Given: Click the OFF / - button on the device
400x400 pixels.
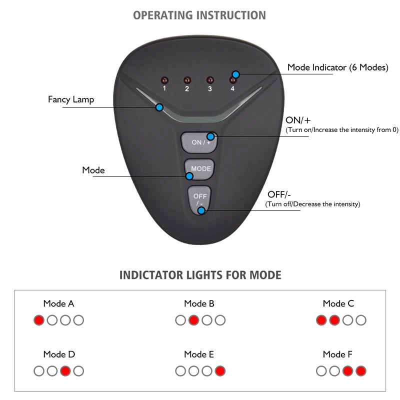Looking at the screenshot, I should point(200,199).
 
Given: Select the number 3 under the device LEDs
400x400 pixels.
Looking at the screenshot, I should point(210,89).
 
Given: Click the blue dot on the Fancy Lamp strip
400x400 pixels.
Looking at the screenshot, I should point(159,107).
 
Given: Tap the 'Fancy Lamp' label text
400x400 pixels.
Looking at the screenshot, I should point(70,99).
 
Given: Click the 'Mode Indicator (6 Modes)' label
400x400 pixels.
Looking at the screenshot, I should point(337,67).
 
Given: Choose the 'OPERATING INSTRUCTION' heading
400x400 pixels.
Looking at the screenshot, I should point(199,15).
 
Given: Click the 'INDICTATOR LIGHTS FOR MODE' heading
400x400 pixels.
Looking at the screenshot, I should point(200,275).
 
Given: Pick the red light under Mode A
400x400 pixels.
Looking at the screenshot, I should point(38,320).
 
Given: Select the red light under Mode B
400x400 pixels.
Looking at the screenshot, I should point(193,320).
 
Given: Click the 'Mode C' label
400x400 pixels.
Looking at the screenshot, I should point(338,303).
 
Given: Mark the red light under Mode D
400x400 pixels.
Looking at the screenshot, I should point(65,371).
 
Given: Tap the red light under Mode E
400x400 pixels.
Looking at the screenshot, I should point(219,371).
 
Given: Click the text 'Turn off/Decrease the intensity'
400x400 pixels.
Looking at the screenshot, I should point(312,204).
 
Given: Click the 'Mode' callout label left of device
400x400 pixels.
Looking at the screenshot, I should point(93,170).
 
